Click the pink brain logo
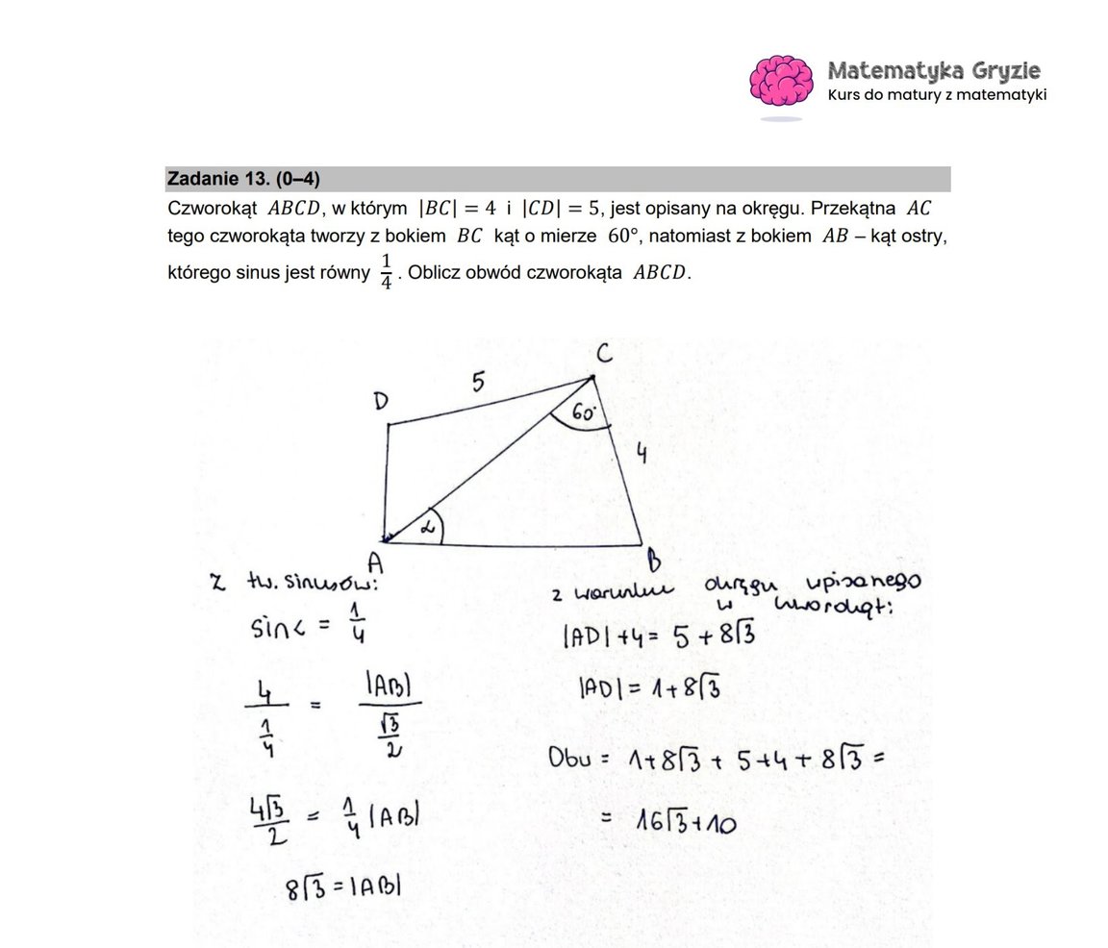(780, 81)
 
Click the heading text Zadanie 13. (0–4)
(243, 179)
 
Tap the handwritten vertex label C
(602, 355)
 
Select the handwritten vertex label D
(382, 402)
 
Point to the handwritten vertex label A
(376, 560)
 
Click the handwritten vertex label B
(653, 558)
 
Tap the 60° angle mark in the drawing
(585, 413)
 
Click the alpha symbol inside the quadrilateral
(428, 527)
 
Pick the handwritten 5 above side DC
(477, 383)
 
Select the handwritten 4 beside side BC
(641, 455)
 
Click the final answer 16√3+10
(685, 820)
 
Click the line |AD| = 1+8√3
(649, 688)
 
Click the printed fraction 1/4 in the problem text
(387, 272)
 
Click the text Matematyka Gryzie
(933, 71)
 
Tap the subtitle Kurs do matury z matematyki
(937, 95)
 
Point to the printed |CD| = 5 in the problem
(560, 208)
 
